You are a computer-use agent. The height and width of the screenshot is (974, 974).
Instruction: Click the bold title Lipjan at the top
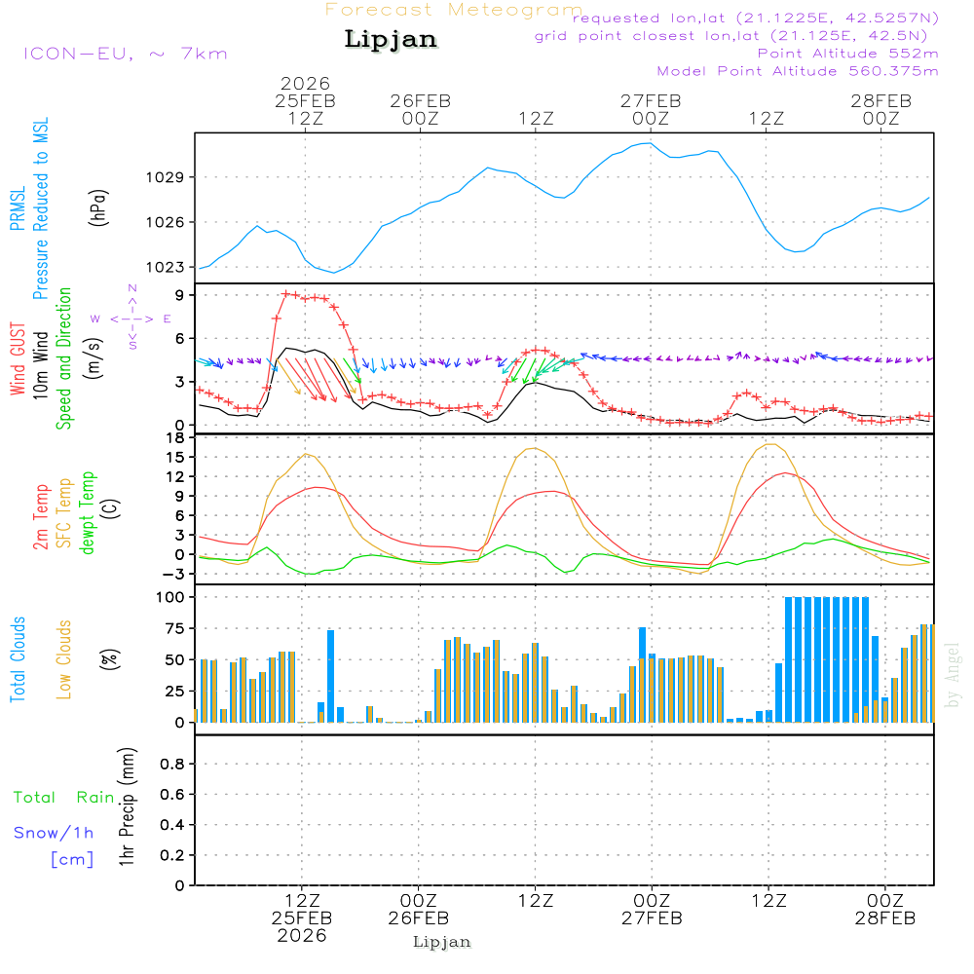391,40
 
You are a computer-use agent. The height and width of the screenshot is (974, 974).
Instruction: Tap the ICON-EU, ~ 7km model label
125,54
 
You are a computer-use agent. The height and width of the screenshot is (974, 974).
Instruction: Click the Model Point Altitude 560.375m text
798,71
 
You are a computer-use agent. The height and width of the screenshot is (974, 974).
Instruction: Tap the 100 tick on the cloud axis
171,596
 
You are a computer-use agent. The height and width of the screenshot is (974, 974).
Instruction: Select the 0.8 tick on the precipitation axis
171,765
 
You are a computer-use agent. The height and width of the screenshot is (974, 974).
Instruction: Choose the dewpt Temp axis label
88,513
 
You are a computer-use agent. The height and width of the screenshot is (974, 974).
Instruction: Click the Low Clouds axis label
65,658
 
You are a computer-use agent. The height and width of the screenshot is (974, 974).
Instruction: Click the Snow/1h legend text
55,833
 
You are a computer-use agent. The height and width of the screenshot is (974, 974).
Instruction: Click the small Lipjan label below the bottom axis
442,942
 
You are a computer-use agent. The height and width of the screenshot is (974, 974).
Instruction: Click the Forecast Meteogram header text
454,11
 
